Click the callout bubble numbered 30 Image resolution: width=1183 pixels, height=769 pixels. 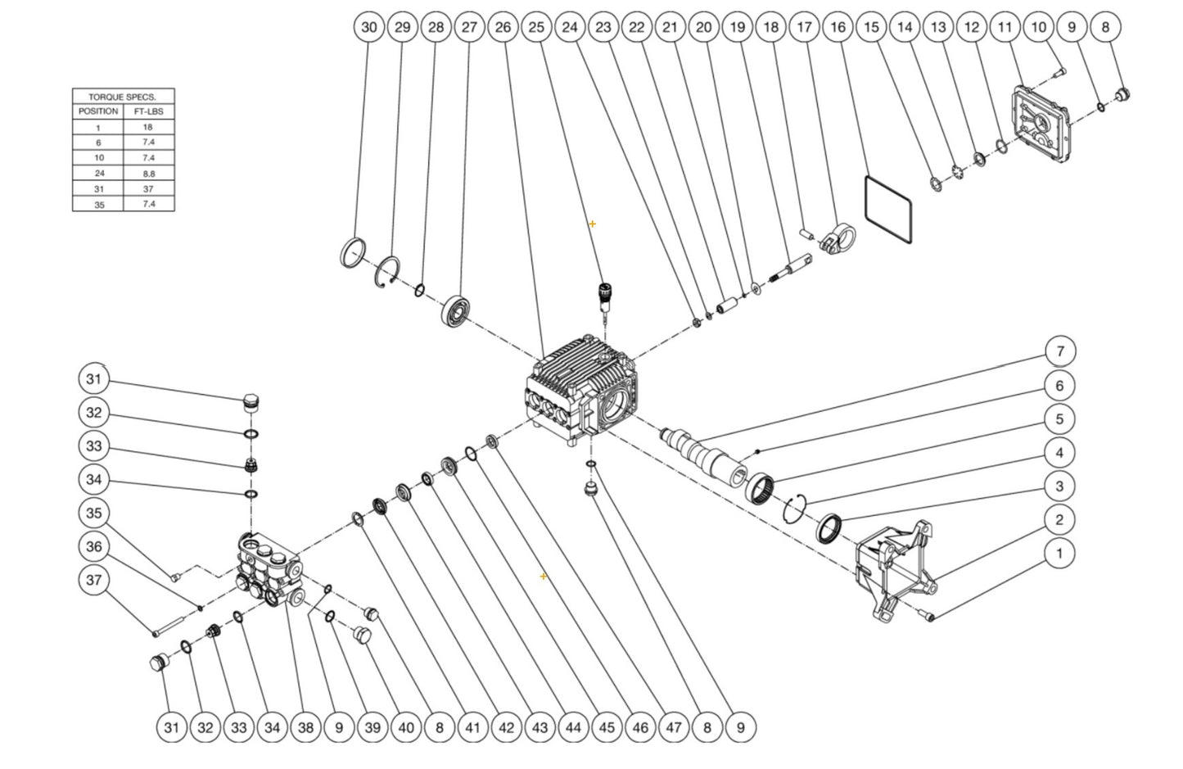(369, 27)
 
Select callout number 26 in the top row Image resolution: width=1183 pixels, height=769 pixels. (503, 27)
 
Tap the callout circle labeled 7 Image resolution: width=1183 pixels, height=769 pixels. (1060, 351)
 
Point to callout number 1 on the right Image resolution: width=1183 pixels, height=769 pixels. (1059, 553)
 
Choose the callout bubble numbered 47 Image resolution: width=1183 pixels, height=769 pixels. (673, 726)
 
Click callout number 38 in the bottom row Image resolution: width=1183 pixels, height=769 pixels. (305, 726)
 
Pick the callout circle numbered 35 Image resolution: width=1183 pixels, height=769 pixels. (94, 513)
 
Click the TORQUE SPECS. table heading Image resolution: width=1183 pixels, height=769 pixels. (123, 97)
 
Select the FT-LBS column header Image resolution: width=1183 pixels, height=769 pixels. (148, 111)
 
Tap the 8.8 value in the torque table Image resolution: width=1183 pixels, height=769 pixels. (148, 174)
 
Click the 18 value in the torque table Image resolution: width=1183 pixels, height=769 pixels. (148, 127)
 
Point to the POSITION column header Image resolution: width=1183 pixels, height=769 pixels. (98, 111)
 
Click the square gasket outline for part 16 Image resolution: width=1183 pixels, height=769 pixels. (888, 208)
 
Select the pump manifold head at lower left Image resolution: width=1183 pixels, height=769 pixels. (267, 570)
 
